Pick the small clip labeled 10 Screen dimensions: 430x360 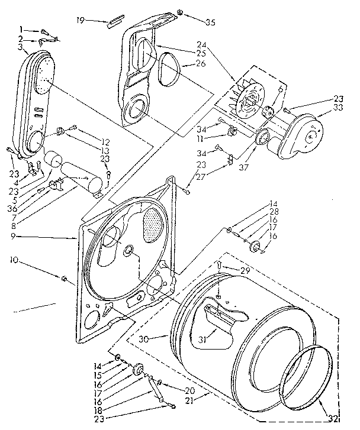tap(63, 277)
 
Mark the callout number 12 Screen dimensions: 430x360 tap(105, 141)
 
